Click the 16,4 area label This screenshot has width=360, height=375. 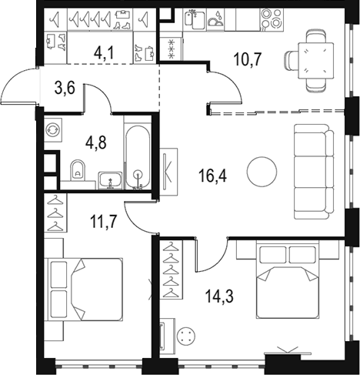[212, 176]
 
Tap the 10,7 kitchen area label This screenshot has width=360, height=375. [247, 59]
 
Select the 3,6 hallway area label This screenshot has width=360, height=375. [65, 89]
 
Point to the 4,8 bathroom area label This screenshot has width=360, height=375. [96, 142]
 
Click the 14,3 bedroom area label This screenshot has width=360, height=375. [219, 296]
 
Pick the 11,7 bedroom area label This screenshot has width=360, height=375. [104, 222]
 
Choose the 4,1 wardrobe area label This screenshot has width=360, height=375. [104, 53]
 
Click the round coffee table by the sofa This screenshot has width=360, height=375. [262, 171]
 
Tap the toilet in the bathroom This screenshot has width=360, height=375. [78, 170]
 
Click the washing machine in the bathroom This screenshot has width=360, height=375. [53, 130]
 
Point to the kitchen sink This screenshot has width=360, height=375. [195, 19]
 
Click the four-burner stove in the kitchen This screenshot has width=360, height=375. [272, 19]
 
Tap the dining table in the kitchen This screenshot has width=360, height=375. [316, 61]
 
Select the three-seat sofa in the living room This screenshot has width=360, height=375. [314, 172]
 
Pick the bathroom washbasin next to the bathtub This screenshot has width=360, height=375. [111, 181]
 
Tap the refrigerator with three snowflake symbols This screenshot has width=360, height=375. [171, 48]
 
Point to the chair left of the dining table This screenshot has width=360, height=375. [291, 61]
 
